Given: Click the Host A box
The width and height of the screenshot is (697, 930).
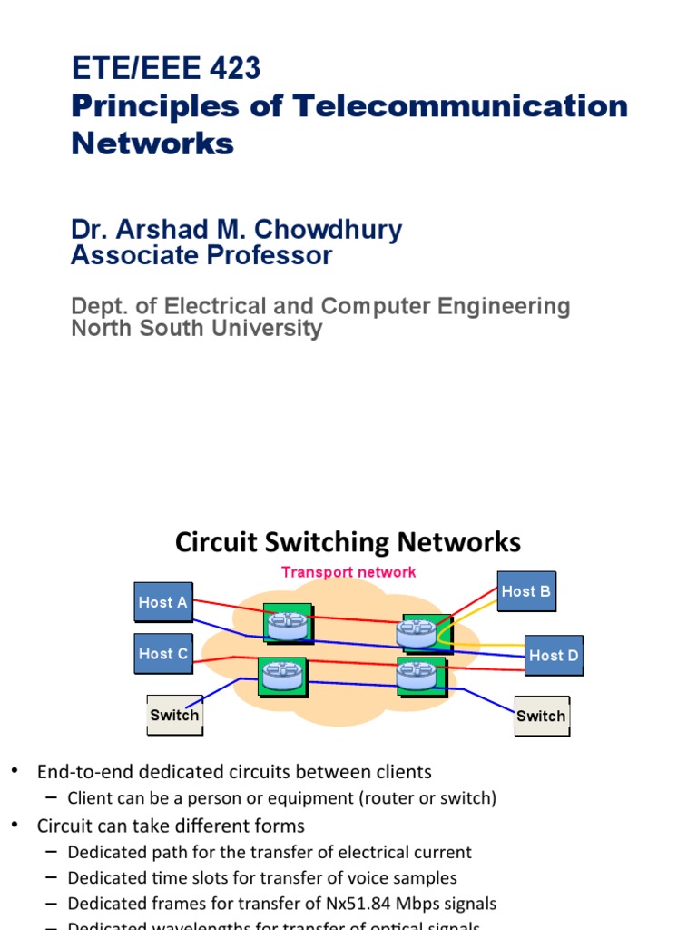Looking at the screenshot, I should click(x=163, y=602).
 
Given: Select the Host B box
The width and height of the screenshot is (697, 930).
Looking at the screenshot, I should click(x=526, y=591).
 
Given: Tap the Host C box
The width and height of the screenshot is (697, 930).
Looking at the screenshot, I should click(x=163, y=653).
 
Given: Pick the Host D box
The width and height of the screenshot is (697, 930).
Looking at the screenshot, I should click(x=554, y=655).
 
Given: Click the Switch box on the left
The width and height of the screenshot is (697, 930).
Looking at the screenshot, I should click(x=174, y=715).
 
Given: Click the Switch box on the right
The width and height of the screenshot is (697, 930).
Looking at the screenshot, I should click(x=541, y=716).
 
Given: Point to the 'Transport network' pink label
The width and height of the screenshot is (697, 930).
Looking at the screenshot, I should click(x=348, y=571).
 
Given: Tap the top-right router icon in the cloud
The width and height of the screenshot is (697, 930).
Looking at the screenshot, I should click(x=417, y=631).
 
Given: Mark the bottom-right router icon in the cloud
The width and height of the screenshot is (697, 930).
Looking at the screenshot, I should click(x=417, y=675).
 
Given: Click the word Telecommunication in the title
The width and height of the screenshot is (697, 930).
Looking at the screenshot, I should click(x=460, y=105).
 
